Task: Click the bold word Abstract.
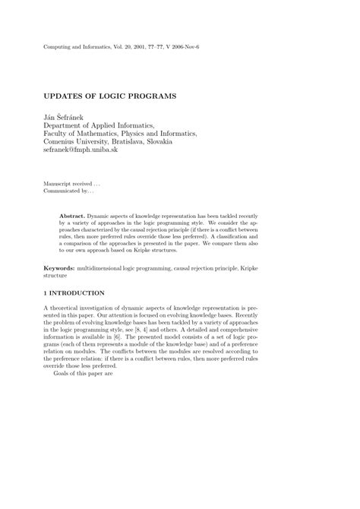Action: [x=73, y=217]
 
